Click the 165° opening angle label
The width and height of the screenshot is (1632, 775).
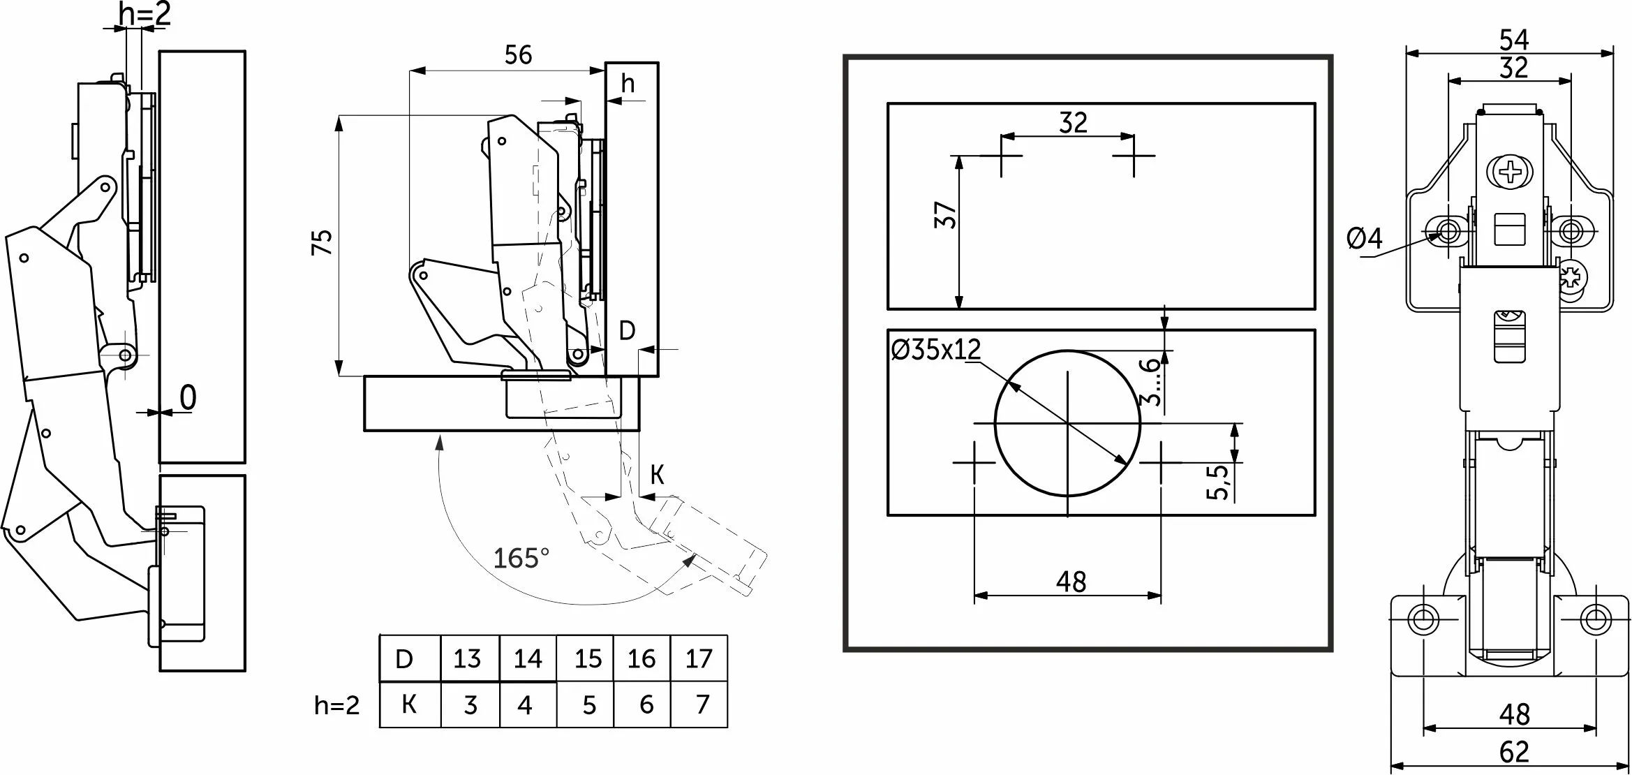point(521,559)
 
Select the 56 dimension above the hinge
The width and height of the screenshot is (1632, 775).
point(518,55)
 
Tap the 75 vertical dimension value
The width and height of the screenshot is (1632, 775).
point(322,242)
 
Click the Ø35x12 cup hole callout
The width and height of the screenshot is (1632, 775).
point(936,349)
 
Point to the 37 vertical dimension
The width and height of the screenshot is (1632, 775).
point(945,215)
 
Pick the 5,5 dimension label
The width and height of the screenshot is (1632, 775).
point(1217,482)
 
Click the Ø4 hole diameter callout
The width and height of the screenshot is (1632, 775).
point(1364,239)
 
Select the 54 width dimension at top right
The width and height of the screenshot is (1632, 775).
point(1513,40)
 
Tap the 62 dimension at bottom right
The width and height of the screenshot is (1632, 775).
point(1513,752)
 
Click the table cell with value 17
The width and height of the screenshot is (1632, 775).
point(698,658)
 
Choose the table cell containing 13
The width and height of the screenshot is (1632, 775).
point(467,658)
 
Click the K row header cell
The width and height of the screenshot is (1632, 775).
point(410,704)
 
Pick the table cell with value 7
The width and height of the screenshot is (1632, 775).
point(702,704)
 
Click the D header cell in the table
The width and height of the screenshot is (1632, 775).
point(404,658)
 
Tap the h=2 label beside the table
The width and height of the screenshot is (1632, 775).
point(337,706)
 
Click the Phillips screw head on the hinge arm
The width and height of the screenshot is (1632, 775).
point(1510,172)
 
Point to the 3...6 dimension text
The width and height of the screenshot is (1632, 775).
point(1150,381)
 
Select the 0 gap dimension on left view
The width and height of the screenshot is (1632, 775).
point(188,398)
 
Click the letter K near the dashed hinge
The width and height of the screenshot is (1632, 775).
point(657,475)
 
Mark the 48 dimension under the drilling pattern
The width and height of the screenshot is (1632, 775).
point(1071,581)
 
